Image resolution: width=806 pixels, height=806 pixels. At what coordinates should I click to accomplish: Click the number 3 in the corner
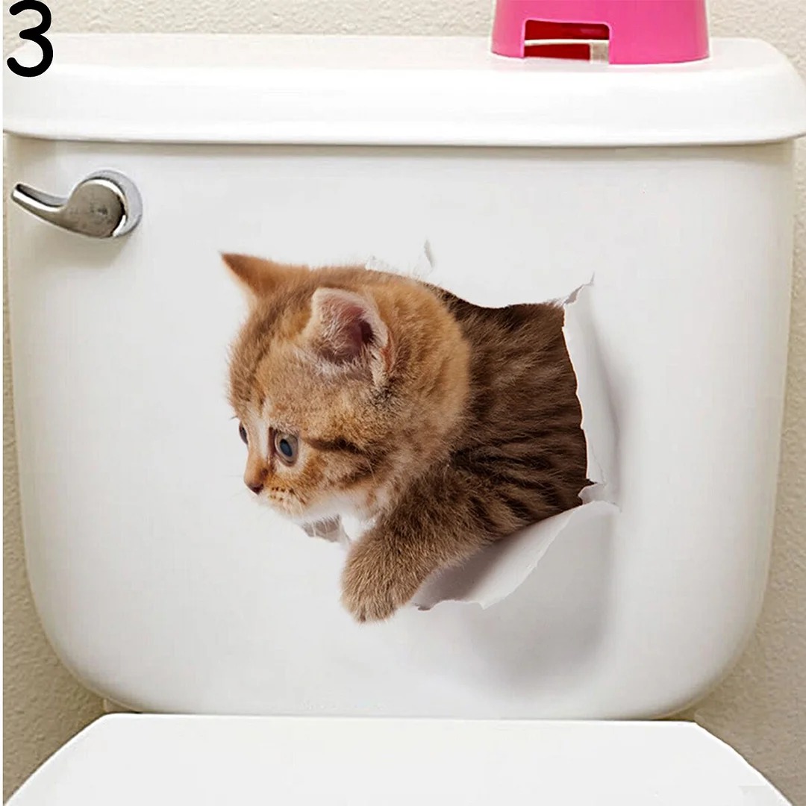click(x=30, y=39)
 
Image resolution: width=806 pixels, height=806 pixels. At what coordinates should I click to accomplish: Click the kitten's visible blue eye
click(x=285, y=446)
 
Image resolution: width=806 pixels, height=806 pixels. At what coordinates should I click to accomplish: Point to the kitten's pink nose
click(x=254, y=487)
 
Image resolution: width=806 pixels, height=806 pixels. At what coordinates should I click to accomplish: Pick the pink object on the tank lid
click(x=600, y=30)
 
